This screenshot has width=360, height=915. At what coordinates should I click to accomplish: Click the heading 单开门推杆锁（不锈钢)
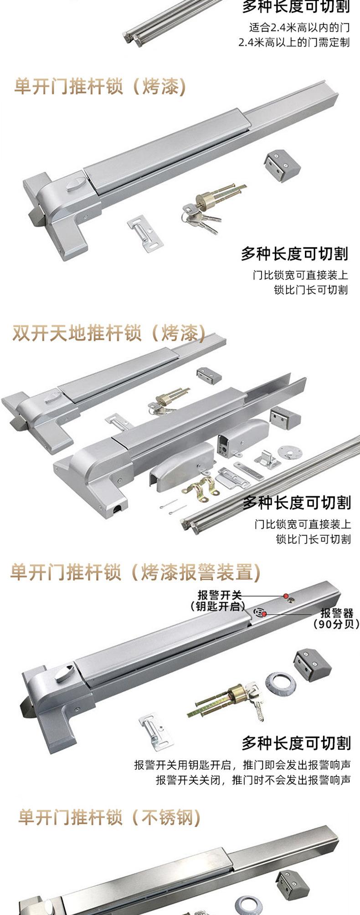[109, 817]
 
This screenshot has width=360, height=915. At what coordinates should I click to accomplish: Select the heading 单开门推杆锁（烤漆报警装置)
[135, 572]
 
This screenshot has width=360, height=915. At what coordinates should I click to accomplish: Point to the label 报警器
[337, 613]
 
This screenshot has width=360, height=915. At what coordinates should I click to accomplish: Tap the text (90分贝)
[336, 624]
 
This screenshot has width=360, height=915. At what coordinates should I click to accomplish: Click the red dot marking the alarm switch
[286, 596]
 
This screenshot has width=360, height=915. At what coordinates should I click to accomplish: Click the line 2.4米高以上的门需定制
[294, 42]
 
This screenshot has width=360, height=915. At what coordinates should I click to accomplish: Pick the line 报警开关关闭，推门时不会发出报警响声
[253, 780]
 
